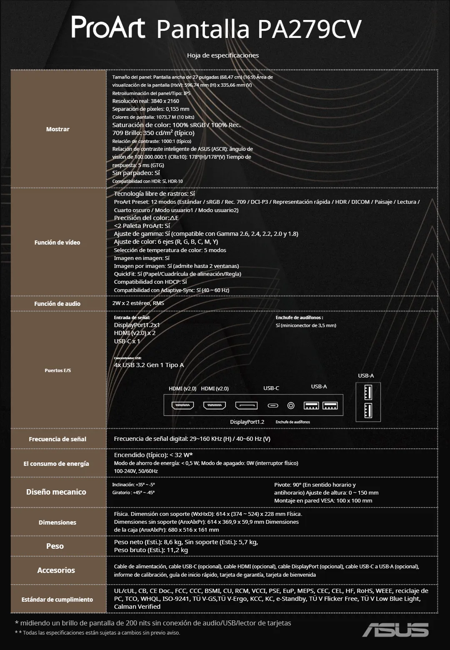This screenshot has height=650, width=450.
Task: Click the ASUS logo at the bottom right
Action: [395, 630]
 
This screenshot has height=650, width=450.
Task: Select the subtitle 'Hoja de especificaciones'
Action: [223, 55]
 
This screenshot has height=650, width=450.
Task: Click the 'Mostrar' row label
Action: [58, 129]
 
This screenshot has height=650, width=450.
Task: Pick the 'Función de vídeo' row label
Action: [57, 242]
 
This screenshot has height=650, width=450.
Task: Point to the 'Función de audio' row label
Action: [57, 304]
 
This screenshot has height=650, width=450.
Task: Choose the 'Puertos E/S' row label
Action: [58, 370]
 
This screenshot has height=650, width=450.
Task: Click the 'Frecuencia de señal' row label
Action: [57, 439]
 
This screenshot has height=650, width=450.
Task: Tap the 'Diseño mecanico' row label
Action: [56, 492]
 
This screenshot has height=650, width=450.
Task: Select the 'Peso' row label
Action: [55, 546]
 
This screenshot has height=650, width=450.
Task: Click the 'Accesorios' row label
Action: [56, 570]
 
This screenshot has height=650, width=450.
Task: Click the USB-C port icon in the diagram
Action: [273, 405]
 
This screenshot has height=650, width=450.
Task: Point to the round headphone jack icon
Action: [291, 405]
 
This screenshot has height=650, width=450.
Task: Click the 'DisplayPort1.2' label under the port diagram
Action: [247, 422]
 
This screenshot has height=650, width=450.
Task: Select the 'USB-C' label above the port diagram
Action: [271, 388]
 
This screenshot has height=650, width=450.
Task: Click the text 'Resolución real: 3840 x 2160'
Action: [146, 101]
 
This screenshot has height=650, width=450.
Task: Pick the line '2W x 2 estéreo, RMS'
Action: [138, 303]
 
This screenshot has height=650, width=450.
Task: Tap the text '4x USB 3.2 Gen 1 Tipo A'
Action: [149, 365]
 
